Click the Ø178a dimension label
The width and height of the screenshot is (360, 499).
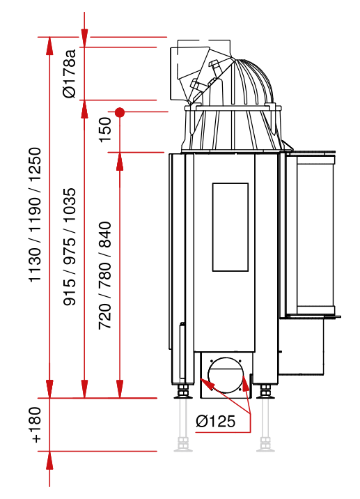70,73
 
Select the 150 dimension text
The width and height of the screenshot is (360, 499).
105,130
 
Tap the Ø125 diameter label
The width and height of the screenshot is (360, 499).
216,421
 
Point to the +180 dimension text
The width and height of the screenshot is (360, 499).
36,424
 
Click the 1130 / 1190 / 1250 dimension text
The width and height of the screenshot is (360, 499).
35,215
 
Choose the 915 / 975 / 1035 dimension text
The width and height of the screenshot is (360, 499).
70,247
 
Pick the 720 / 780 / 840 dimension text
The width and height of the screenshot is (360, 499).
105,275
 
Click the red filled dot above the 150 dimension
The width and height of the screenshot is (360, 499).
120,112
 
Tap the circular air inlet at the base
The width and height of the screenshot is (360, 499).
226,375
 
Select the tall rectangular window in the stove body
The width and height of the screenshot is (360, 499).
230,227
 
